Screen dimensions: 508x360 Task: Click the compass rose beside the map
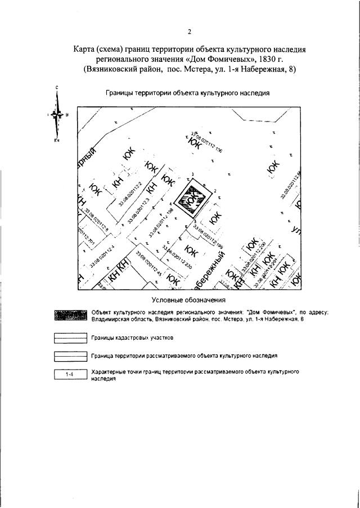57,114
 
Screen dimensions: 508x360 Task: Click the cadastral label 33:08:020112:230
178,258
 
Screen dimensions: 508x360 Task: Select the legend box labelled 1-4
70,375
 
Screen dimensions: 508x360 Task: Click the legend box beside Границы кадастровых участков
70,338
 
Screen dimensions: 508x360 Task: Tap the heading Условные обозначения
189,300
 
